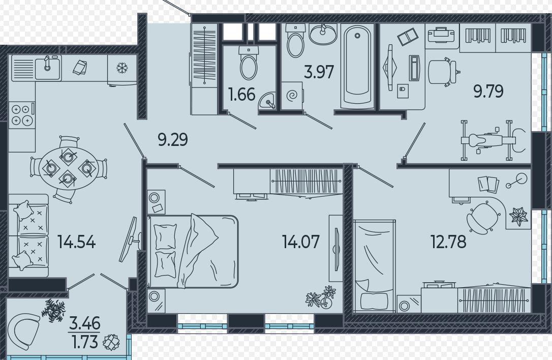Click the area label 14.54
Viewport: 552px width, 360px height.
(76, 242)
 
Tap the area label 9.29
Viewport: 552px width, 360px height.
(173, 139)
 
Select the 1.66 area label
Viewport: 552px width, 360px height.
(241, 95)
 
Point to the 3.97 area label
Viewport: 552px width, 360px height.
(319, 72)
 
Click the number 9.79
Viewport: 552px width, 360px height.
(488, 91)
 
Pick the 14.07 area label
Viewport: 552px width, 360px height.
(300, 242)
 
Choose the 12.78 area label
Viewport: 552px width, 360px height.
(448, 242)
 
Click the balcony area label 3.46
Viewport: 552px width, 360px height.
(85, 323)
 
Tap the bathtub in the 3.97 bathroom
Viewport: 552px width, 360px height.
(357, 66)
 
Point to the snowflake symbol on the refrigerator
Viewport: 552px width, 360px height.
(122, 68)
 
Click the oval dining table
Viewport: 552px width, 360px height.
(68, 168)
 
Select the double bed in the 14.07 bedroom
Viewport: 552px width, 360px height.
(193, 251)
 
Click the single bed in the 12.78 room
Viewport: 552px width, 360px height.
(374, 266)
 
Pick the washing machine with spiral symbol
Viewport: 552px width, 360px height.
(292, 96)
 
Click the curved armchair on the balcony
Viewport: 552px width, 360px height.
(24, 331)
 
